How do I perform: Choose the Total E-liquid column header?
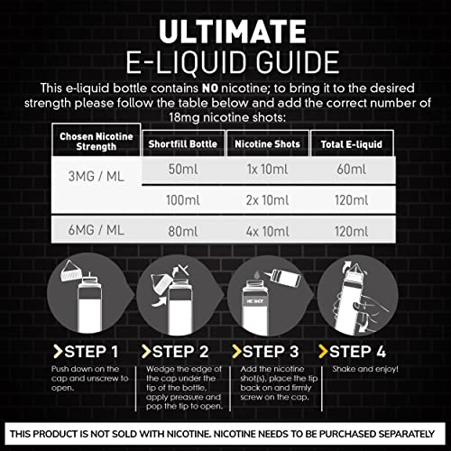[x=344, y=143]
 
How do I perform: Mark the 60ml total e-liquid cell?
[x=344, y=170]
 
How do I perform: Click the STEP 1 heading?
[x=91, y=350]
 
